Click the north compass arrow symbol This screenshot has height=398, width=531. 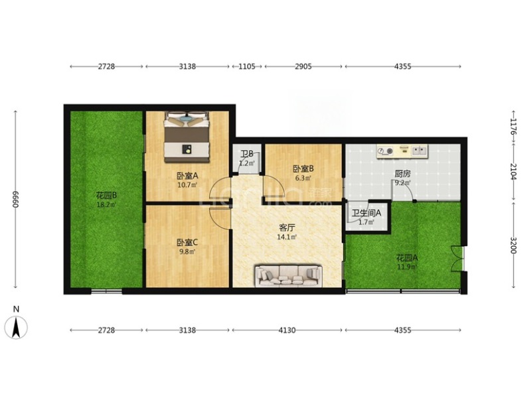coord(16,327)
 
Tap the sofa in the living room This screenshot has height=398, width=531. coord(288,275)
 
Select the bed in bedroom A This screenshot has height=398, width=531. coord(187,137)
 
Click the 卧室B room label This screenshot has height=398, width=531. coord(303,168)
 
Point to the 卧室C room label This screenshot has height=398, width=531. coord(187,242)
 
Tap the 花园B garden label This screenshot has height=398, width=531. coord(107,195)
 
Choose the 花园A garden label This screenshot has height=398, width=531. coord(407,258)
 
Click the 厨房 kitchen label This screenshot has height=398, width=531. coord(403,174)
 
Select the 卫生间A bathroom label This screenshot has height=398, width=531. coord(366,213)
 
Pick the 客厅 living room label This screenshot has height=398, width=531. coord(287,228)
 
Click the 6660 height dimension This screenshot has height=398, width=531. coord(15,200)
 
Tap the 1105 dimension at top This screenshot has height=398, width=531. coord(247,66)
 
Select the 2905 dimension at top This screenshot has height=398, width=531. coord(303,66)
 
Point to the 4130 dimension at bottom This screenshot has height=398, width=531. coord(287,330)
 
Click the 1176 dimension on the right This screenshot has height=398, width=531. coord(513,126)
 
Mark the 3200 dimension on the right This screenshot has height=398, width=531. coord(513,245)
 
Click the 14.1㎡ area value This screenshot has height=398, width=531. coord(287,237)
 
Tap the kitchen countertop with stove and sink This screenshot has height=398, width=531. coord(402,151)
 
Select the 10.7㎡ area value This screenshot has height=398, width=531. coord(187,185)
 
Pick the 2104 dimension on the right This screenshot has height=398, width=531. coord(513,172)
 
